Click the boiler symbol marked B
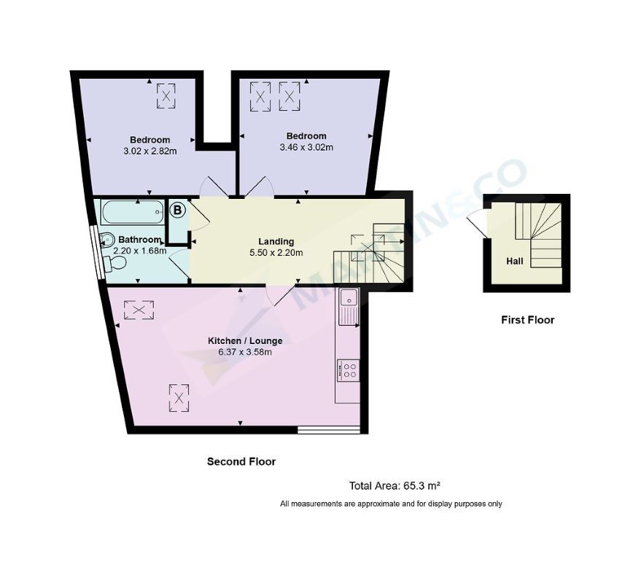(x=177, y=211)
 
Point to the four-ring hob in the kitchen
(x=348, y=370)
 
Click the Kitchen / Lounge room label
(x=245, y=340)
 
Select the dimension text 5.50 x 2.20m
(x=276, y=253)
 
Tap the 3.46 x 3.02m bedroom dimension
(x=306, y=147)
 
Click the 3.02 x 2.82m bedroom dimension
(x=150, y=151)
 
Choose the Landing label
(x=276, y=241)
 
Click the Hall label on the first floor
(x=515, y=260)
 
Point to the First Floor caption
(x=527, y=320)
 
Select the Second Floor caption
(x=241, y=461)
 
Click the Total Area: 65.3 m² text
(x=394, y=485)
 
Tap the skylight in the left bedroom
(x=167, y=95)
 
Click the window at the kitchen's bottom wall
(x=330, y=430)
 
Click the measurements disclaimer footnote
(x=391, y=504)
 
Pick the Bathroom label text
(x=139, y=239)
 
